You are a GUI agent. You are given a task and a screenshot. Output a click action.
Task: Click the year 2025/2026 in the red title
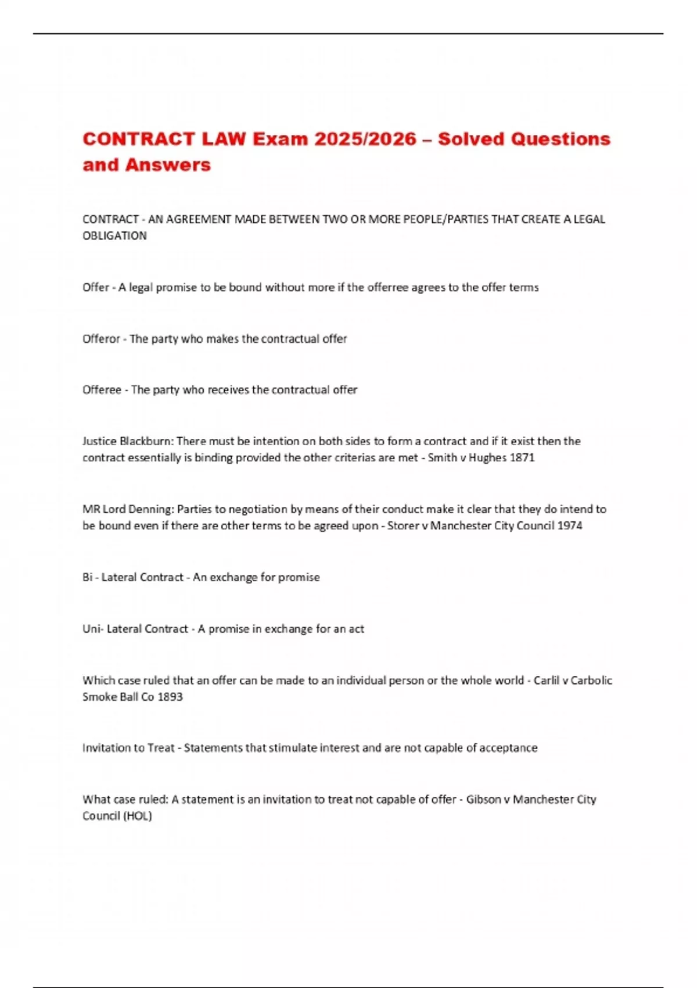365,139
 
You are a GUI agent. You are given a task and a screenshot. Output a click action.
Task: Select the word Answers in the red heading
168,165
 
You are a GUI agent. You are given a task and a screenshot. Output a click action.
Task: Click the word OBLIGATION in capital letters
114,236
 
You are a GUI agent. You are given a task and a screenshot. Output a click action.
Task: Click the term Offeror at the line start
101,339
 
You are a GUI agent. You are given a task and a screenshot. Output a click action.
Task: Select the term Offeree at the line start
102,390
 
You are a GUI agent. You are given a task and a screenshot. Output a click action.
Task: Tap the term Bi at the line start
87,577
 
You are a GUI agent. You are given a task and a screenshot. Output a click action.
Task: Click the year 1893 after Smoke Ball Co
170,697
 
